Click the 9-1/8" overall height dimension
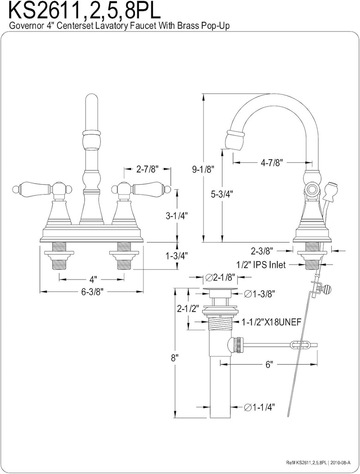(x=202, y=169)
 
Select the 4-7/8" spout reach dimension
(x=272, y=162)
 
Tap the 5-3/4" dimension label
(x=222, y=194)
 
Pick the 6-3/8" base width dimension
(x=92, y=292)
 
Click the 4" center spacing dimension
(x=93, y=280)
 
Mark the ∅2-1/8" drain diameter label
(x=221, y=277)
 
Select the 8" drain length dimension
(x=175, y=357)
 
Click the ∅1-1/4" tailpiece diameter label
(x=259, y=407)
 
